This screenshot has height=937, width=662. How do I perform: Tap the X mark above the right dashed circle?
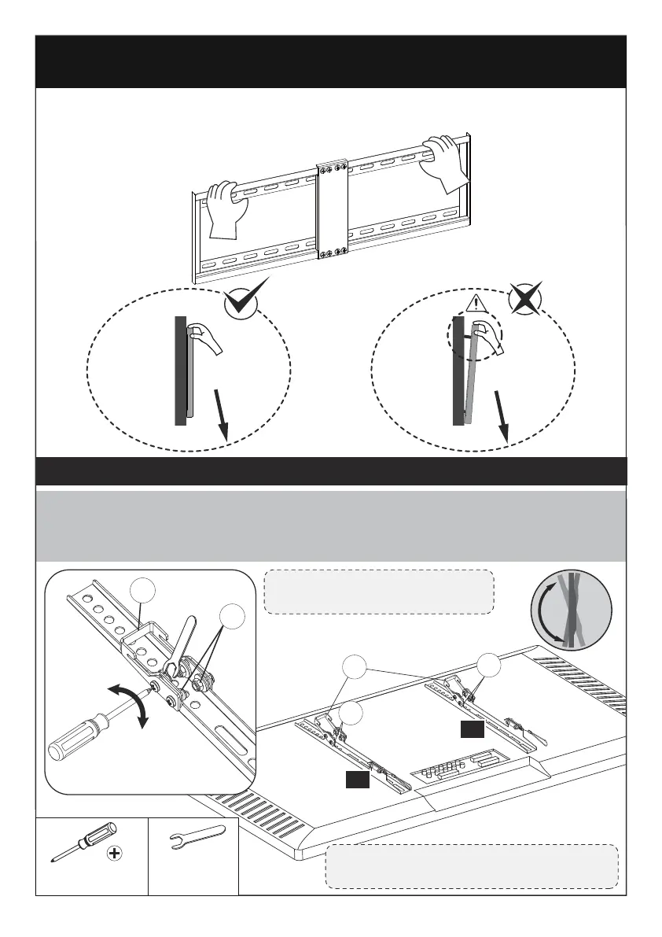click(x=525, y=299)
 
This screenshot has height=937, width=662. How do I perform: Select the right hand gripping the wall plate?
click(x=443, y=161)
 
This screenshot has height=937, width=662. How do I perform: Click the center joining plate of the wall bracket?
click(x=331, y=210)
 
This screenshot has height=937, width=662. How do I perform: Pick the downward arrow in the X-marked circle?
click(x=501, y=416)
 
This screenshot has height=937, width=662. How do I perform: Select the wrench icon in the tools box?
click(x=194, y=844)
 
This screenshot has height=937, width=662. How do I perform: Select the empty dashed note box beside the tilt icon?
click(x=379, y=592)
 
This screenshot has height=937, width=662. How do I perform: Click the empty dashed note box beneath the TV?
click(x=472, y=866)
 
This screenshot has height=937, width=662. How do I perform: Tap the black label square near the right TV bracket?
click(x=473, y=730)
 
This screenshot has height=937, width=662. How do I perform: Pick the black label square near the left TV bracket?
click(x=355, y=779)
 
